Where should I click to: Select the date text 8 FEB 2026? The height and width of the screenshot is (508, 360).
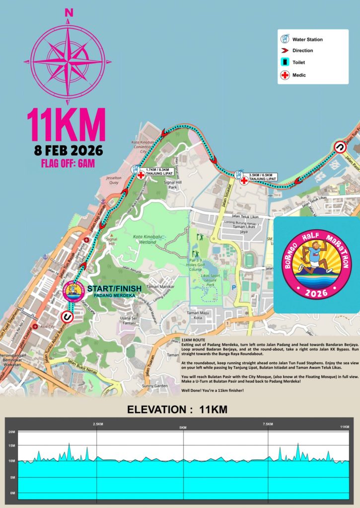[68, 149]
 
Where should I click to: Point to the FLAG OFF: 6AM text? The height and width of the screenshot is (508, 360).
[68, 163]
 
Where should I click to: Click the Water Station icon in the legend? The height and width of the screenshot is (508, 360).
[286, 38]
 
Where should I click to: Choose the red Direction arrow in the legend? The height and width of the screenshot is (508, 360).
[286, 51]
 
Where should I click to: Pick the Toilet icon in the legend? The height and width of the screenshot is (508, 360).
[286, 63]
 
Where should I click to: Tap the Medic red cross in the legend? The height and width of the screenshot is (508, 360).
[286, 75]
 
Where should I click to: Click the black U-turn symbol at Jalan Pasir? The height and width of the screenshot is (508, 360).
[340, 147]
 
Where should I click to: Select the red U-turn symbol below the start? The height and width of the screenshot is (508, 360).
[66, 317]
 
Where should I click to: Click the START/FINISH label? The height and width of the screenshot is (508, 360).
[114, 288]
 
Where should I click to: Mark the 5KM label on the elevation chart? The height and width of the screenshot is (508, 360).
[183, 428]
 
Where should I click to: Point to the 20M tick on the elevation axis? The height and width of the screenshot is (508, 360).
[11, 432]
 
